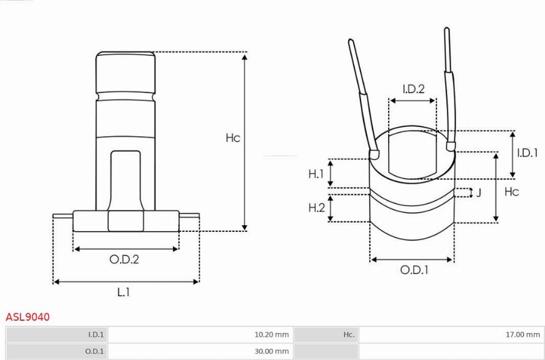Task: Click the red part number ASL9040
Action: point(28,317)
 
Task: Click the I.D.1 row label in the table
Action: point(96,335)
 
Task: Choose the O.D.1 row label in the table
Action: point(94,351)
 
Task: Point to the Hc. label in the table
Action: point(349,335)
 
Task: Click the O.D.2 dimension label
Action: point(124,259)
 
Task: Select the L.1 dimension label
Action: point(123,292)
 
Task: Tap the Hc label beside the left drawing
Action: point(233,138)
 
